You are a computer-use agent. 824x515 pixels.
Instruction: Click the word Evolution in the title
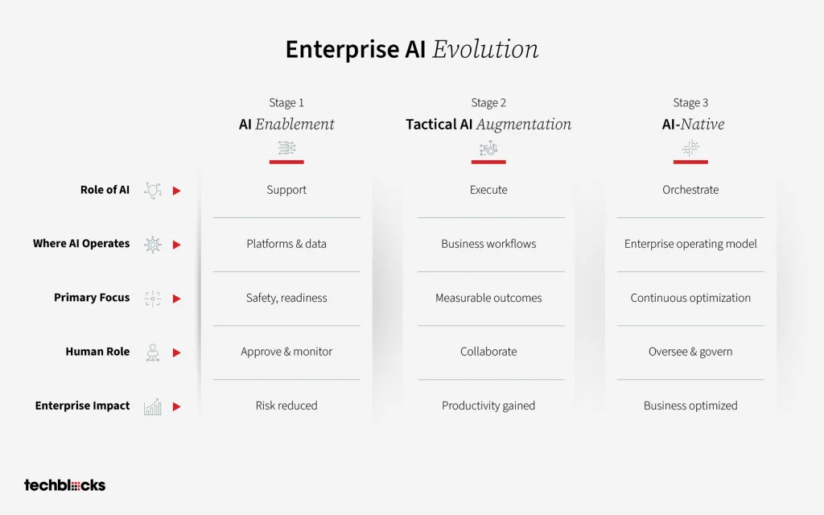[485, 49]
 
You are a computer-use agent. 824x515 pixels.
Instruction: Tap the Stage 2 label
[488, 102]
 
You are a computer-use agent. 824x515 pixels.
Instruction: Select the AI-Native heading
[693, 124]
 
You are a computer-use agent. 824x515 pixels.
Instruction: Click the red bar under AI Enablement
[286, 162]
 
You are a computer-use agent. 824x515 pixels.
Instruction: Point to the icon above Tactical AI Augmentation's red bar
[488, 149]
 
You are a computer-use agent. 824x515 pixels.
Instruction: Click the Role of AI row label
[105, 190]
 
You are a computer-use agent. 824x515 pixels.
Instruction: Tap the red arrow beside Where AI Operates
[176, 245]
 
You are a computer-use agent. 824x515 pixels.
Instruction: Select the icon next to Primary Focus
[152, 299]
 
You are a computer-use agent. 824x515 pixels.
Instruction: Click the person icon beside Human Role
[152, 352]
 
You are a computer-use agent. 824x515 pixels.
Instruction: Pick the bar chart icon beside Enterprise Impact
[152, 406]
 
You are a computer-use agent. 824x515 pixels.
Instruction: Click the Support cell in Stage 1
[286, 190]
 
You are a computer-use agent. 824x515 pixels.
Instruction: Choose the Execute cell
[488, 190]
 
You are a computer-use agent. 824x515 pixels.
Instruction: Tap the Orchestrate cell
[690, 190]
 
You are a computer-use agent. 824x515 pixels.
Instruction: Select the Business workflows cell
[488, 244]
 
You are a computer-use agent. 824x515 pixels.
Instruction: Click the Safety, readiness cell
[286, 298]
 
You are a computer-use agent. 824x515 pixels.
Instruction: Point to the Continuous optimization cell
[690, 298]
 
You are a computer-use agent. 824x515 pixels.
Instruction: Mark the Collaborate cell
[488, 352]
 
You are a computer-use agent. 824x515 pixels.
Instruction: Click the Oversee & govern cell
[690, 352]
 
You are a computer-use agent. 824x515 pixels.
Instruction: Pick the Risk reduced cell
[286, 406]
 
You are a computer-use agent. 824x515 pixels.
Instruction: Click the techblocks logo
[64, 485]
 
